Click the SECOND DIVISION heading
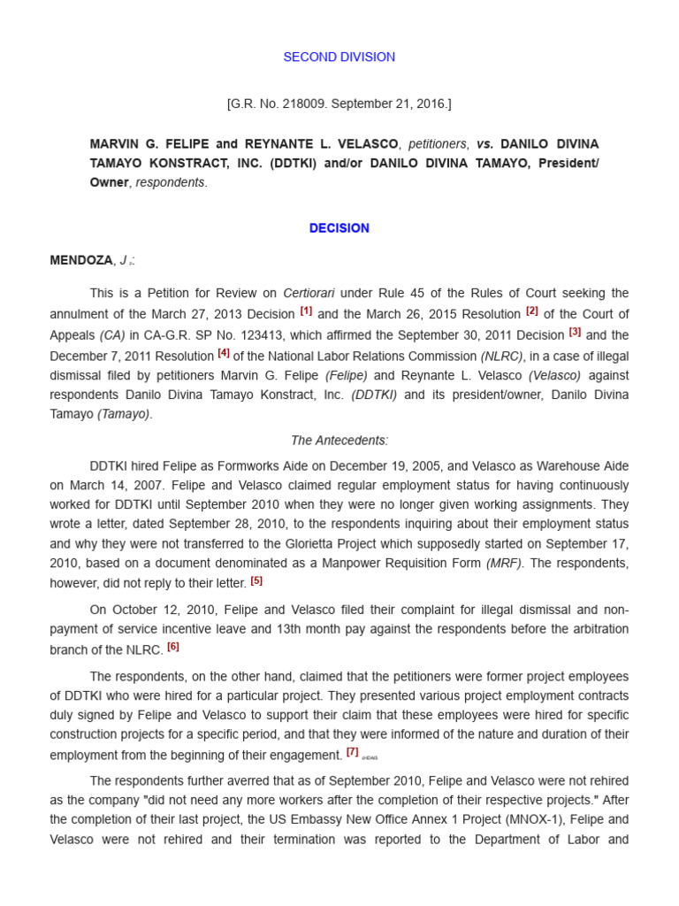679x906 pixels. tap(339, 57)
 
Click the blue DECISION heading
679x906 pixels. tap(339, 227)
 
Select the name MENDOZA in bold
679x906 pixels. tap(81, 260)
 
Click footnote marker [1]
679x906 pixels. tap(306, 311)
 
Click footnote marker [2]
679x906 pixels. tap(531, 311)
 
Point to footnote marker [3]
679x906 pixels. tap(575, 333)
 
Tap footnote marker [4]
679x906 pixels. tap(224, 354)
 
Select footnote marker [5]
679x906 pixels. tap(256, 581)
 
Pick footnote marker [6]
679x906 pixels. tap(172, 647)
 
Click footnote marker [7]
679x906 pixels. tap(353, 753)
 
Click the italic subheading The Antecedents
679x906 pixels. tap(339, 440)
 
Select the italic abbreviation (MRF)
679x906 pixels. tap(508, 563)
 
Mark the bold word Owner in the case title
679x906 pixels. tap(109, 182)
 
